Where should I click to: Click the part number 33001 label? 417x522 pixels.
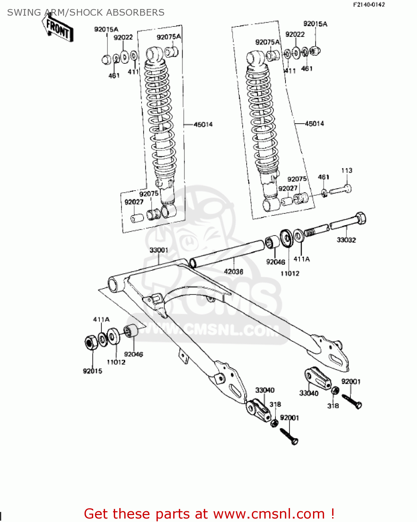click(159, 250)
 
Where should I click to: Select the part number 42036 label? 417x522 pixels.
click(233, 271)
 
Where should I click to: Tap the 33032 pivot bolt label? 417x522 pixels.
click(346, 240)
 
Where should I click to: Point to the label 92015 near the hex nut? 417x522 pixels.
click(93, 371)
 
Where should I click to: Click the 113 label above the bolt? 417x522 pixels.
click(347, 171)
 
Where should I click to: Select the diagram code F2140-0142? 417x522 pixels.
click(369, 5)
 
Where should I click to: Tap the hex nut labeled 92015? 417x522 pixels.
click(91, 342)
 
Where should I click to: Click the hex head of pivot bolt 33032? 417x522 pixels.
click(361, 218)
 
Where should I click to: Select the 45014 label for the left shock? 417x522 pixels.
click(203, 125)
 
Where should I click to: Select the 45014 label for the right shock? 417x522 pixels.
click(314, 124)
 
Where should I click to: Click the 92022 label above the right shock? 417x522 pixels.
click(295, 34)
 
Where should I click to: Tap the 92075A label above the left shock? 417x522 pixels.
click(169, 37)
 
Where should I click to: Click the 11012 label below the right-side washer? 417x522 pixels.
click(290, 274)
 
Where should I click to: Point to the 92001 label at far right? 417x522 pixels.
click(351, 381)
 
